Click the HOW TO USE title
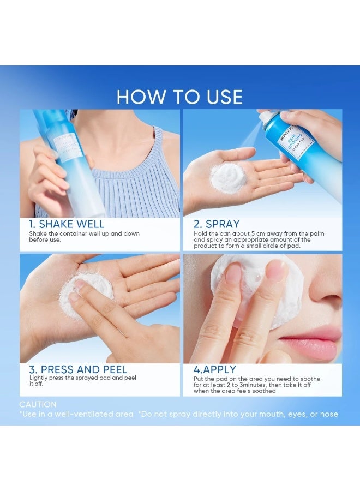179,97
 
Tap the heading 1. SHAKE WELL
66,224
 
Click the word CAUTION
38,404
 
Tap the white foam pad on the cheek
256,289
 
